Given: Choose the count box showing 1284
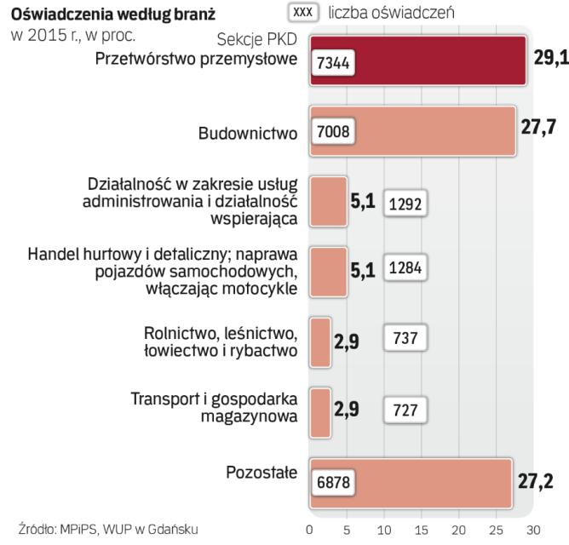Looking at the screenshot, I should click(x=405, y=267).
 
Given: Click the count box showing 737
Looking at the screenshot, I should click(x=405, y=336).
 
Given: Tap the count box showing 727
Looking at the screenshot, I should click(x=405, y=409).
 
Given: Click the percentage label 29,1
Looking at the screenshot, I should click(x=550, y=61).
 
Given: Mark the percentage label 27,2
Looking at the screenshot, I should click(x=536, y=478).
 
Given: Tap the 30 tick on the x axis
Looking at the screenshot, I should click(x=532, y=526).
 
